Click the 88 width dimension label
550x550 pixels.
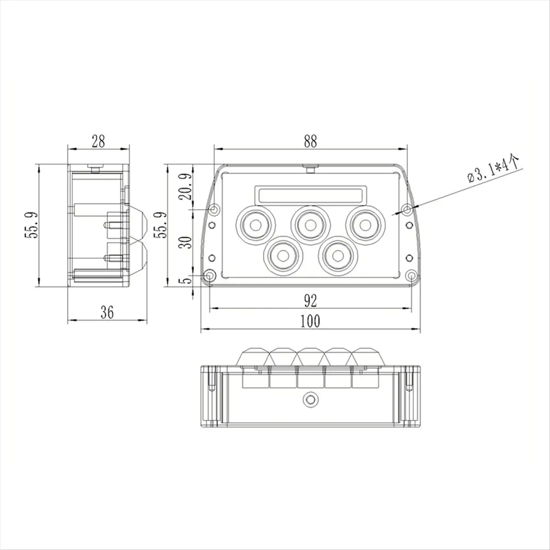(x=310, y=142)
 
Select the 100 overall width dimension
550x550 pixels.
(x=310, y=322)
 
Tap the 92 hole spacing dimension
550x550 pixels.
(x=310, y=301)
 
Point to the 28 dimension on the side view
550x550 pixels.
(x=98, y=142)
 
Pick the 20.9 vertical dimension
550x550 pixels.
(x=186, y=187)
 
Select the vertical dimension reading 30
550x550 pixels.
(x=186, y=242)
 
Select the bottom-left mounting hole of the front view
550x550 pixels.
(x=209, y=276)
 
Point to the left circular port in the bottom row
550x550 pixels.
(x=283, y=255)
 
